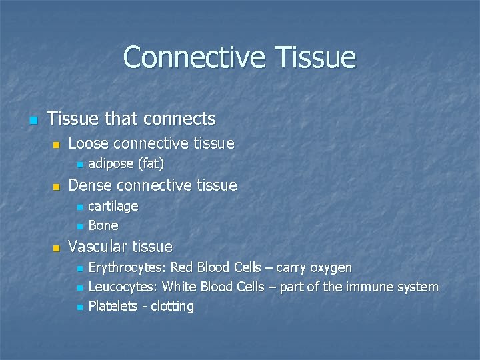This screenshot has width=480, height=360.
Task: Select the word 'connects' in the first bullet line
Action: [183, 119]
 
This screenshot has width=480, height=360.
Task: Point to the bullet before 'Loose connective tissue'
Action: [57, 145]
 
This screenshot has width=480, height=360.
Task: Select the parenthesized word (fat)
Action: [151, 163]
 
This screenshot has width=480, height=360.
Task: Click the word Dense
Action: [90, 185]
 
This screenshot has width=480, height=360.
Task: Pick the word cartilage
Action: [113, 206]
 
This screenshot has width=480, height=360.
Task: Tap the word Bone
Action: [103, 225]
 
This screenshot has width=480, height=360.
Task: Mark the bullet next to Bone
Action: [79, 227]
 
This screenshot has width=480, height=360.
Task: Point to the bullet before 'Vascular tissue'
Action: [57, 248]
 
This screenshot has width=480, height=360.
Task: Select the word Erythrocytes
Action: [127, 268]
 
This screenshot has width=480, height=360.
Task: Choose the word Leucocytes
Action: [123, 287]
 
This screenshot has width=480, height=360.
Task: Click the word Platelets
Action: [113, 307]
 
